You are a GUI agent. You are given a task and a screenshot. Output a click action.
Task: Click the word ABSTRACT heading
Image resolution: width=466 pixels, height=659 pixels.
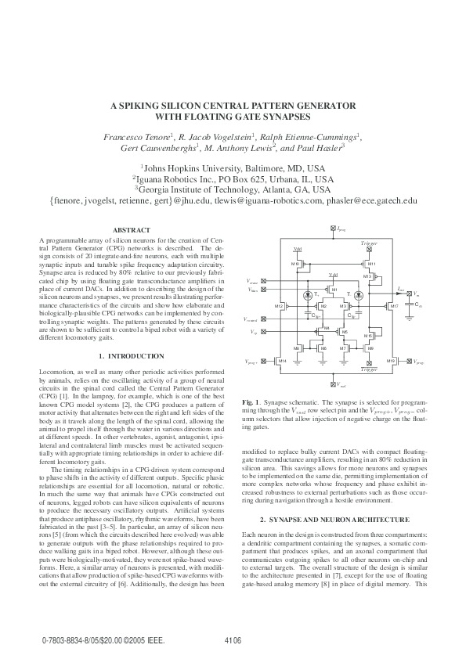[132, 229]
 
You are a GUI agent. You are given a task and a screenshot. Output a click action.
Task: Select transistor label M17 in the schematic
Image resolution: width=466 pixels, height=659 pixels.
[395, 306]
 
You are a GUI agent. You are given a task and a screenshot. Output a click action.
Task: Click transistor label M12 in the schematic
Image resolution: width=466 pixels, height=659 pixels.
[278, 306]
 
